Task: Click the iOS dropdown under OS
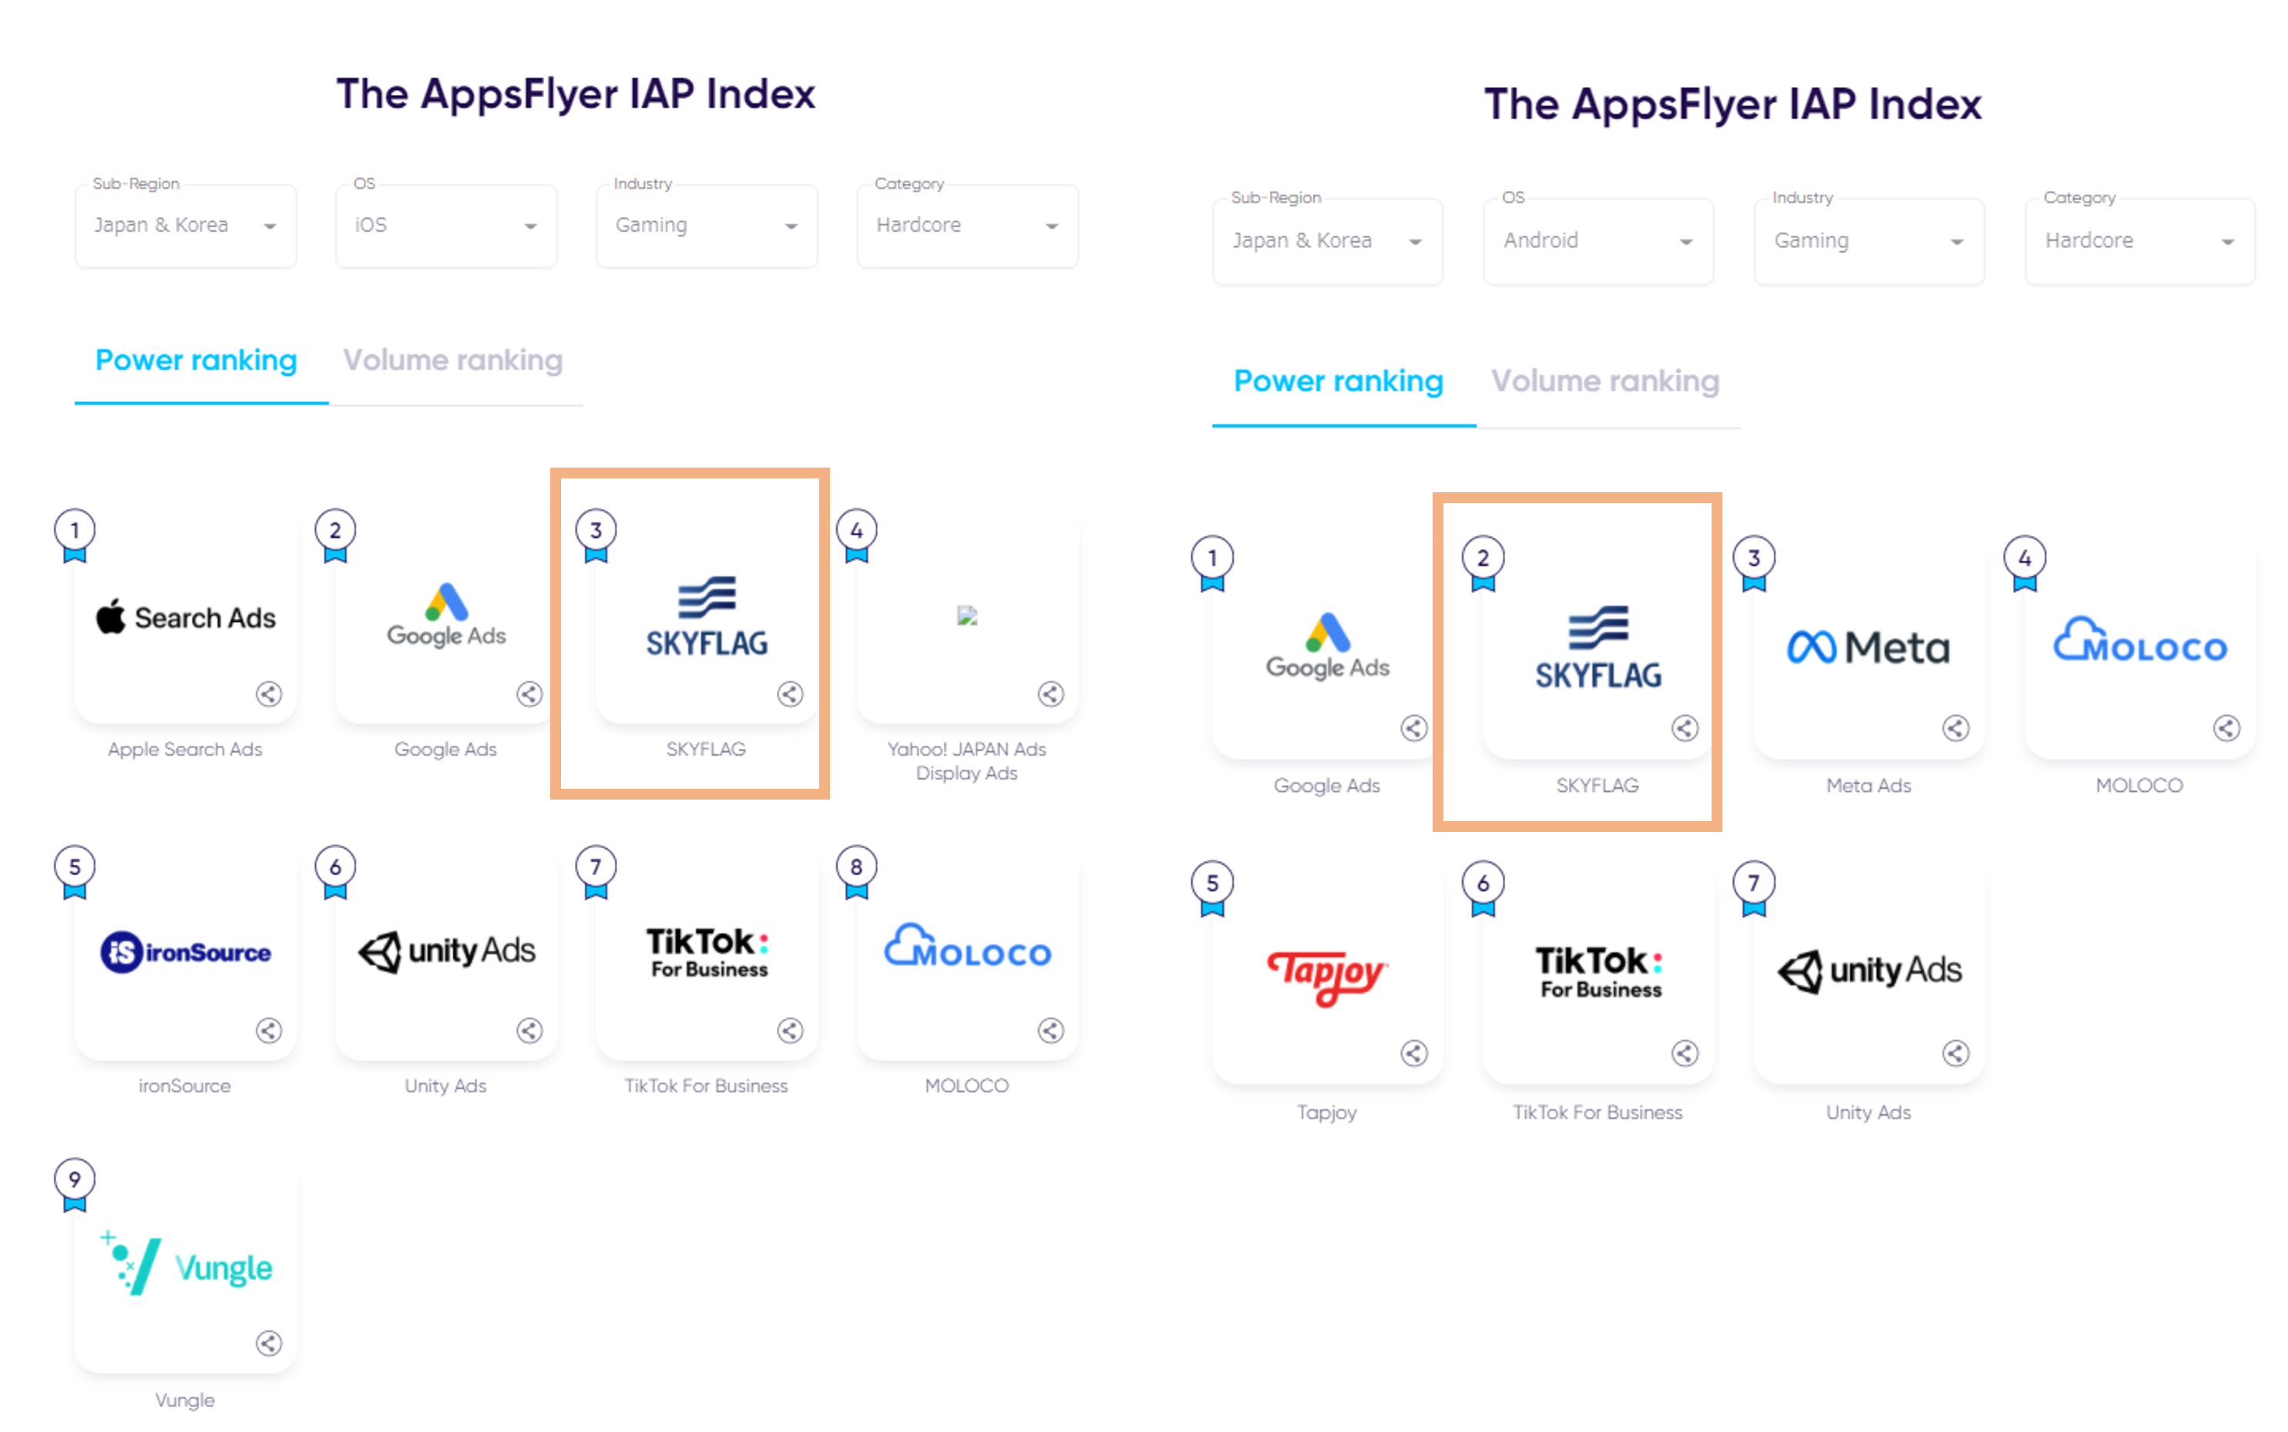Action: tap(445, 226)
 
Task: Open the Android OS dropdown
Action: tap(1598, 240)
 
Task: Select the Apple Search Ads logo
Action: tap(186, 618)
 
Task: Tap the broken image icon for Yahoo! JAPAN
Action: tap(966, 615)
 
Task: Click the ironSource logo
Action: tap(186, 952)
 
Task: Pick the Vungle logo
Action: tap(187, 1266)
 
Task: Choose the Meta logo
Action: tap(1867, 648)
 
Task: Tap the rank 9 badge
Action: tap(75, 1180)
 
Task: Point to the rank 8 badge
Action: tap(855, 867)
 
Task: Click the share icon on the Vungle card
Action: tap(269, 1343)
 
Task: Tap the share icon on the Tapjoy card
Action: tap(1413, 1053)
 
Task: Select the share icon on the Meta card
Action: tap(1955, 728)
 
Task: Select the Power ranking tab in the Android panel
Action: tap(1338, 381)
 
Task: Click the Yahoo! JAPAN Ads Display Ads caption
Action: tap(966, 760)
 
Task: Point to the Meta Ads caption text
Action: tap(1867, 786)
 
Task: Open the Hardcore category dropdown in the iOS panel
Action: tap(966, 226)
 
